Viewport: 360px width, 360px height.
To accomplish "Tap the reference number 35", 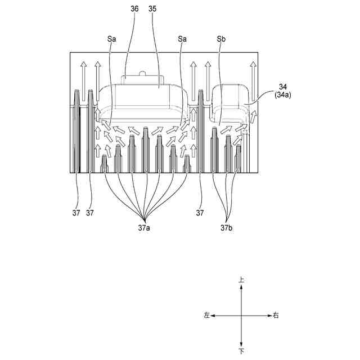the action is [152, 10].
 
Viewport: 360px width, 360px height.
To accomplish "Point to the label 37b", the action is [227, 228].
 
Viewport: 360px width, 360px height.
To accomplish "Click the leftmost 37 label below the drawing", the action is [76, 213].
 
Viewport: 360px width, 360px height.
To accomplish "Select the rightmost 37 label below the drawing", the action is [200, 213].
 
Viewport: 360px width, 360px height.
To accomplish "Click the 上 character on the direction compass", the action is [241, 279].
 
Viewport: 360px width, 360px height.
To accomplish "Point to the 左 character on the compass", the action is [207, 316].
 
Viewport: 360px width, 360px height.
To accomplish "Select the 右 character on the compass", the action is [276, 316].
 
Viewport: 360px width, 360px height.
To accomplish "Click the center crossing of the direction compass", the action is [241, 316].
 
